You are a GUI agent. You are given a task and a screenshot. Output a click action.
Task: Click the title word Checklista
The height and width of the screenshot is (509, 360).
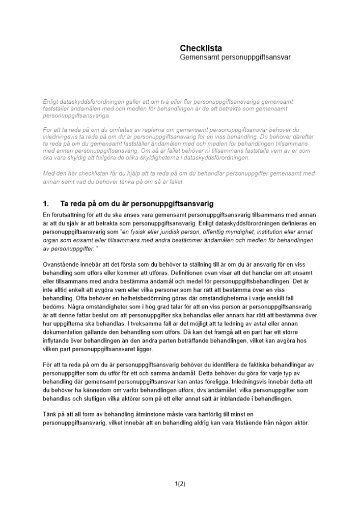201,48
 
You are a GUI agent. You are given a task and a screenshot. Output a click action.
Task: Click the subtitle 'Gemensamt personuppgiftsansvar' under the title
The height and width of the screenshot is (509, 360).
235,58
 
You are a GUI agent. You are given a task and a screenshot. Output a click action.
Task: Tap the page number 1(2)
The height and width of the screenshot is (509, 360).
180,484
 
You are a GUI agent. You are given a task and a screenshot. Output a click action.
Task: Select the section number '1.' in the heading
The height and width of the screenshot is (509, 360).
47,204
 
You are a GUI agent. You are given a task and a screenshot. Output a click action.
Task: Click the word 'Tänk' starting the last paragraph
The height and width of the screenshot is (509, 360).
50,415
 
